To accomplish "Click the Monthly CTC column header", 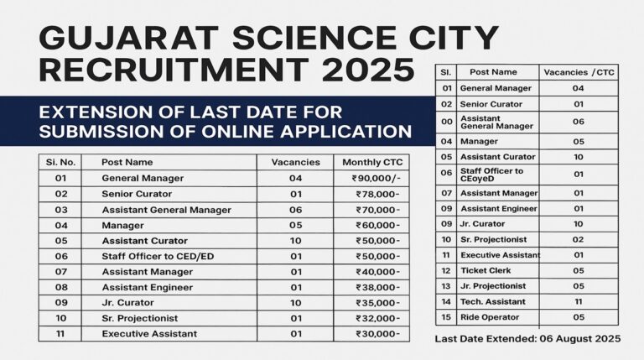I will (x=371, y=162).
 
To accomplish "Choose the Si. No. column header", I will (x=60, y=162).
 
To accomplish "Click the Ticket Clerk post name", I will (x=486, y=270).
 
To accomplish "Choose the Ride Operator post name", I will (x=489, y=317).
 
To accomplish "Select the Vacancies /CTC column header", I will (x=579, y=72).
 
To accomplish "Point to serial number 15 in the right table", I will (x=446, y=317).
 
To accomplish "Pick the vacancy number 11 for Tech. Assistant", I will (x=578, y=301).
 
